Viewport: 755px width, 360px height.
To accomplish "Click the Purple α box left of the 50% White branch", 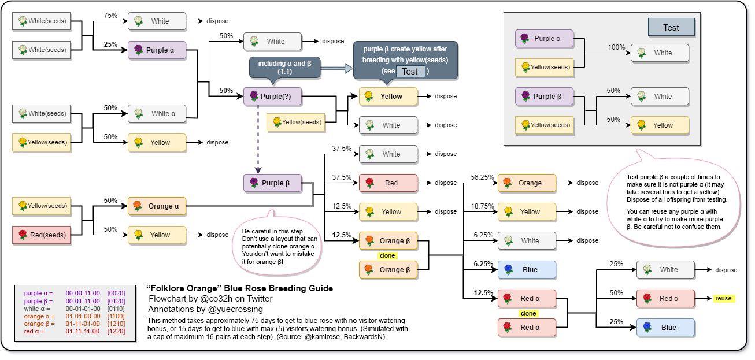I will pos(157,50).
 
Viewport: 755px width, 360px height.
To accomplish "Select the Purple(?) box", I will pos(272,96).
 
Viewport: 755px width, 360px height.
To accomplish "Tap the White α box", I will pos(157,113).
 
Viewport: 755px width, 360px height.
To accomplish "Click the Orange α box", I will pos(157,206).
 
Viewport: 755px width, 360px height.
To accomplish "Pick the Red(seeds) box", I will pos(42,235).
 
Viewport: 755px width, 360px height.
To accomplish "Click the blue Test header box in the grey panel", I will pos(671,27).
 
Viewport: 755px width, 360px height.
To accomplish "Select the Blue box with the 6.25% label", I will pos(527,270).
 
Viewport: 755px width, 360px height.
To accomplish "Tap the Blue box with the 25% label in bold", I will pos(665,328).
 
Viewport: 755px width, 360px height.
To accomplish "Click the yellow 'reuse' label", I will pos(723,299).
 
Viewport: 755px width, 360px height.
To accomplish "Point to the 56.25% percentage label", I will pos(482,177).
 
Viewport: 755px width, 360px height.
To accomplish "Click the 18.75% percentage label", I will pos(482,206).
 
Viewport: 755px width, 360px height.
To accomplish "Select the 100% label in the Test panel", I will pos(616,47).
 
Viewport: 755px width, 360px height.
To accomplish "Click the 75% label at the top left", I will pos(110,16).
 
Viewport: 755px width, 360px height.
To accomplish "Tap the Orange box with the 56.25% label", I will pos(527,183).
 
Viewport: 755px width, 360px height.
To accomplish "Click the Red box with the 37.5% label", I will pos(388,183).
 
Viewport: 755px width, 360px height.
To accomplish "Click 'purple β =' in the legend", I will pos(38,301).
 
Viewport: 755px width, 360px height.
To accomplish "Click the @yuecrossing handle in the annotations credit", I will pos(241,309).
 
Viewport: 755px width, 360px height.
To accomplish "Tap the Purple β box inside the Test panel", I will pos(544,97).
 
